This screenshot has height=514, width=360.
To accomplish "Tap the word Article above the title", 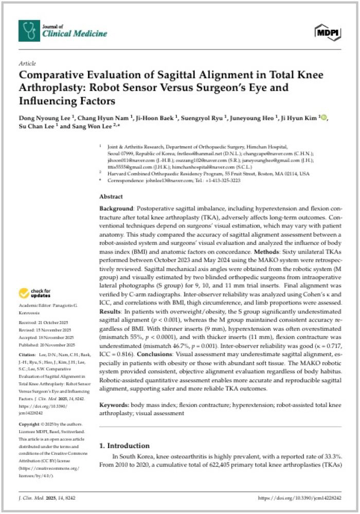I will pyautogui.click(x=27, y=63).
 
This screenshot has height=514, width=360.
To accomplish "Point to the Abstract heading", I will pyautogui.click(x=111, y=197).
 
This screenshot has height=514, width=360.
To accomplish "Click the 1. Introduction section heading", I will pyautogui.click(x=124, y=446).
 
